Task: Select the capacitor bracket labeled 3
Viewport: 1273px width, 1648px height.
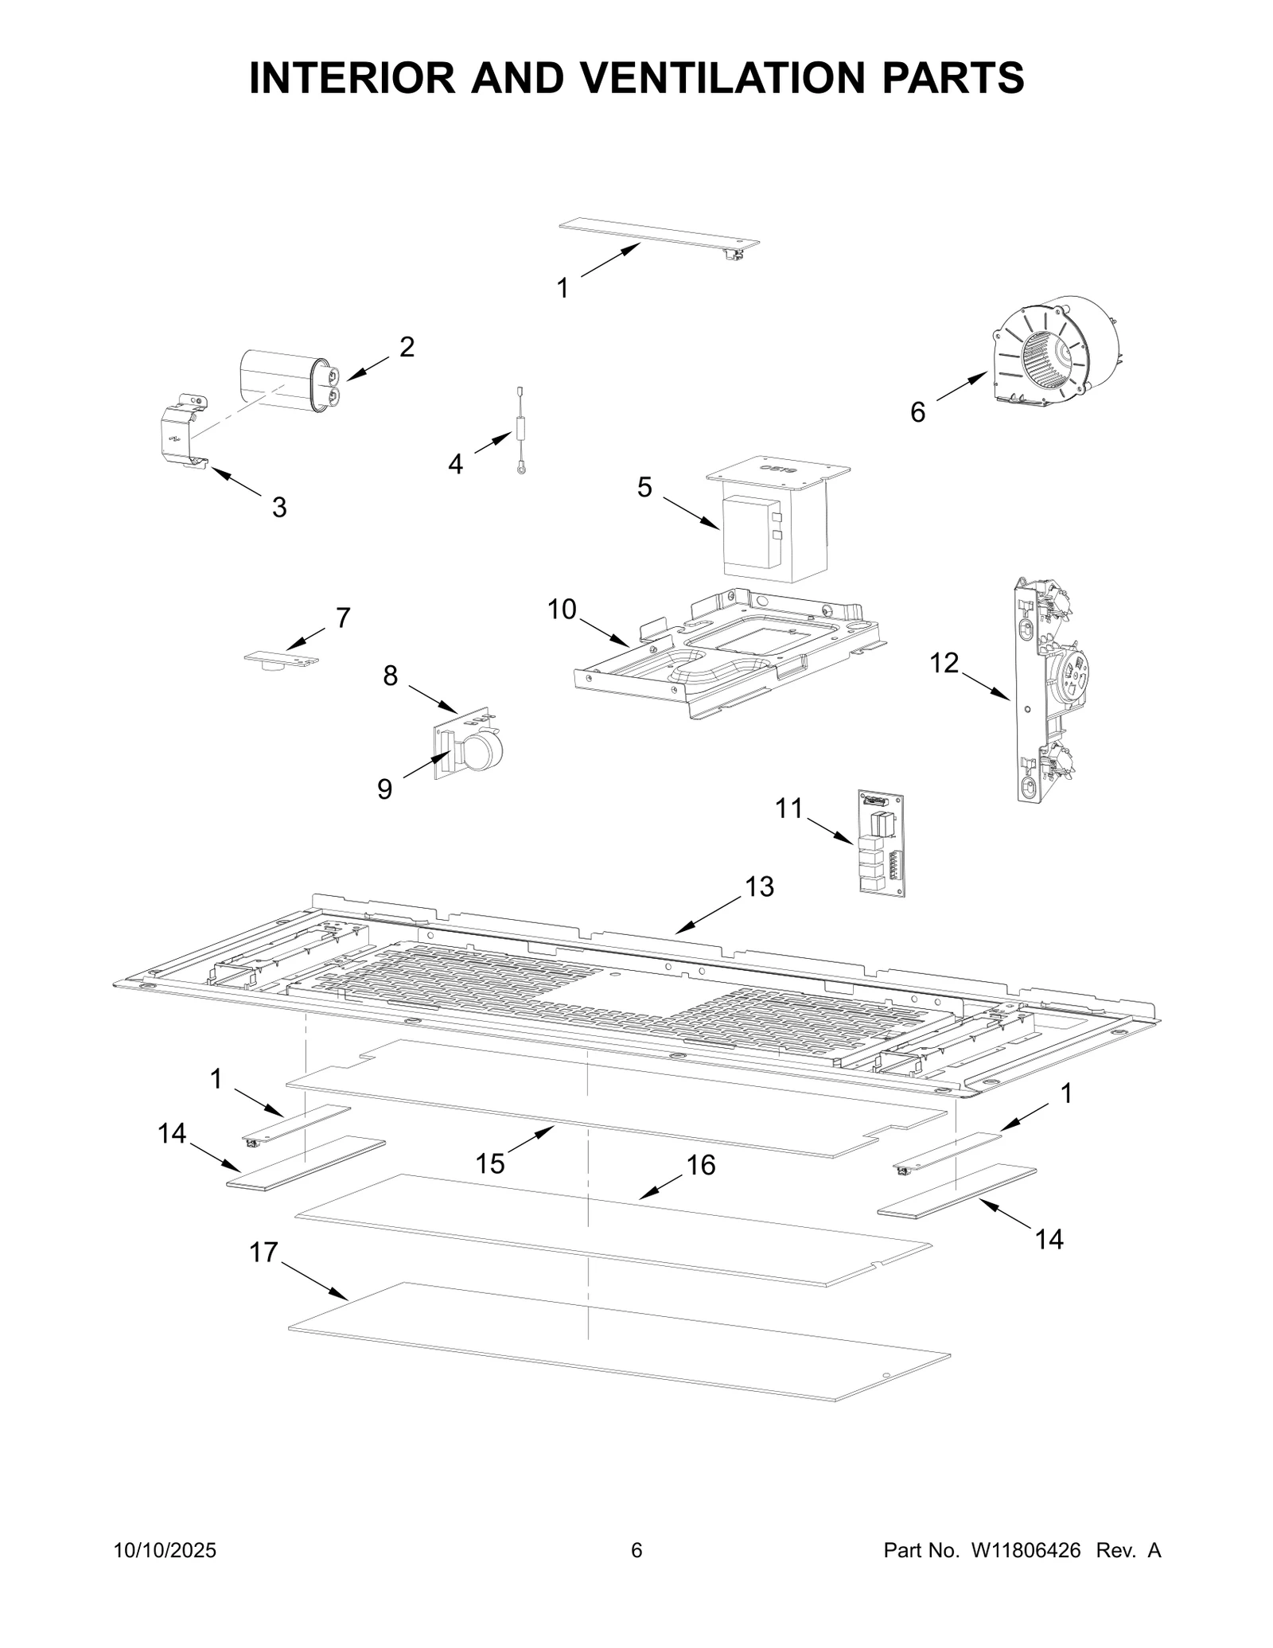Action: pyautogui.click(x=181, y=431)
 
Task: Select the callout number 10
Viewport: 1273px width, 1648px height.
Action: pyautogui.click(x=562, y=610)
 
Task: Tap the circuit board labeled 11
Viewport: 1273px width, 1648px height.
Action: pyautogui.click(x=882, y=843)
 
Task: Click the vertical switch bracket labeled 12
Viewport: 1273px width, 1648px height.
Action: pyautogui.click(x=1042, y=689)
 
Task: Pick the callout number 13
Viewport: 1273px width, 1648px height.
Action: pyautogui.click(x=759, y=886)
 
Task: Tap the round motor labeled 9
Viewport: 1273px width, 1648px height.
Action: pyautogui.click(x=477, y=752)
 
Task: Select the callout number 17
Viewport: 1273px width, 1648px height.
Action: pyautogui.click(x=263, y=1253)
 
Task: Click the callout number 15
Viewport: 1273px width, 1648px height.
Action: pyautogui.click(x=490, y=1164)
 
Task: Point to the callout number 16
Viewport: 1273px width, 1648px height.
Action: pyautogui.click(x=701, y=1165)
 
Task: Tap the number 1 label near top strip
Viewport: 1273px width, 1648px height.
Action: pyautogui.click(x=563, y=289)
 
